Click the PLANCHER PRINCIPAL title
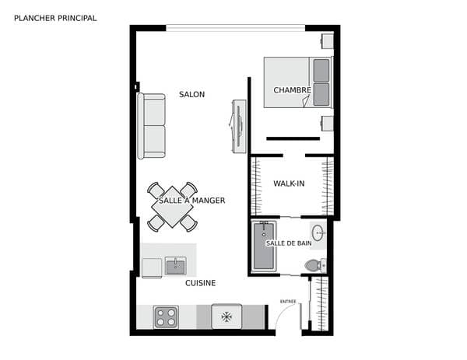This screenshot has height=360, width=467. coord(55,18)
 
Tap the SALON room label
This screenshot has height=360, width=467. coord(191,95)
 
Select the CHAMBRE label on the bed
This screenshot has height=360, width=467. coord(292,90)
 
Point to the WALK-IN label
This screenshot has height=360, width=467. coord(289,183)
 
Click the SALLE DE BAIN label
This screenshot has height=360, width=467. coord(289,243)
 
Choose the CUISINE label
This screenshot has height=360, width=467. coord(201,283)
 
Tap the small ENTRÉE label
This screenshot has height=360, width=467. coord(288,302)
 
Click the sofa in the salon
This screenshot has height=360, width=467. coord(151,126)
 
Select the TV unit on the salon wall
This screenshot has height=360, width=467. coord(238,127)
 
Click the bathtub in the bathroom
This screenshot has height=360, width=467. coord(264,246)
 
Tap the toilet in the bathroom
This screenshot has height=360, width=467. coord(315,265)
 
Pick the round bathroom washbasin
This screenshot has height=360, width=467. coord(318,232)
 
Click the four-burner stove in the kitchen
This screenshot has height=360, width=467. coord(167,317)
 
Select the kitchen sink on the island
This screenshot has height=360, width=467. coord(176,266)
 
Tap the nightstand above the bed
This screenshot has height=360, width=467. coord(328,41)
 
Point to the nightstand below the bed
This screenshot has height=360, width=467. coord(328,124)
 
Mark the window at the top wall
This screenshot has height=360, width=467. coord(236,28)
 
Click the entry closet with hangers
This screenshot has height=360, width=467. coord(319,303)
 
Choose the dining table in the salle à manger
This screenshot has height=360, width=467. coord(172,207)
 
